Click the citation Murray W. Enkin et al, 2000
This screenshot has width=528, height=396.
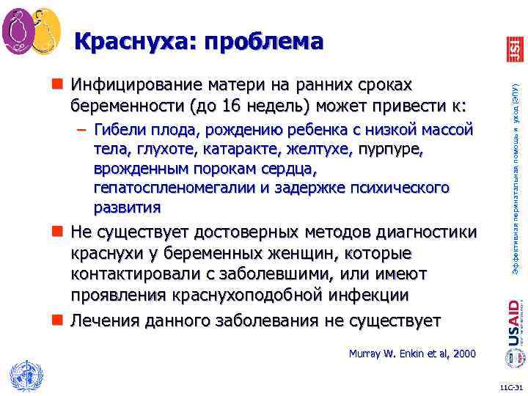click(x=411, y=354)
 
